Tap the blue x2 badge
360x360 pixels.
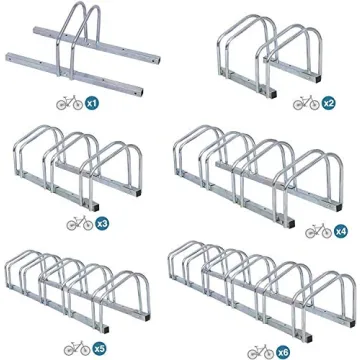pos(327,103)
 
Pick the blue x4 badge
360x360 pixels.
pos(341,231)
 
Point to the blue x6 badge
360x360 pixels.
pos(285,351)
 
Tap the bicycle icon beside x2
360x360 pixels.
pos(305,103)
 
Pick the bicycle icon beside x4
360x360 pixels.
pos(319,231)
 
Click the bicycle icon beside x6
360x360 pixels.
pos(262,351)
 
